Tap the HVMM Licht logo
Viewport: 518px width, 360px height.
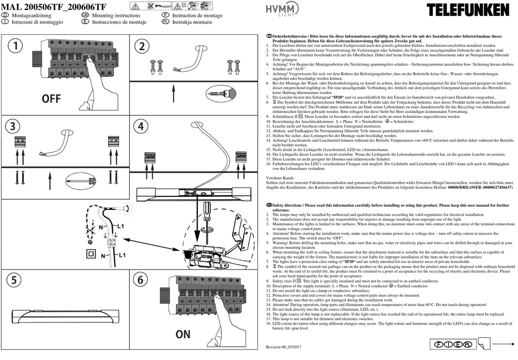click(281, 10)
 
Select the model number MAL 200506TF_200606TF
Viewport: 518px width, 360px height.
click(54, 6)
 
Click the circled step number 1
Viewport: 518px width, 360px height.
click(16, 46)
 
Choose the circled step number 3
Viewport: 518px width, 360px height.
click(14, 127)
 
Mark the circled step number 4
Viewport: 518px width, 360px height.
click(142, 127)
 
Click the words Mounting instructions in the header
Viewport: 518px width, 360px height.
click(116, 16)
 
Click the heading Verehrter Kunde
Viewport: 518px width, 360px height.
click(280, 178)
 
